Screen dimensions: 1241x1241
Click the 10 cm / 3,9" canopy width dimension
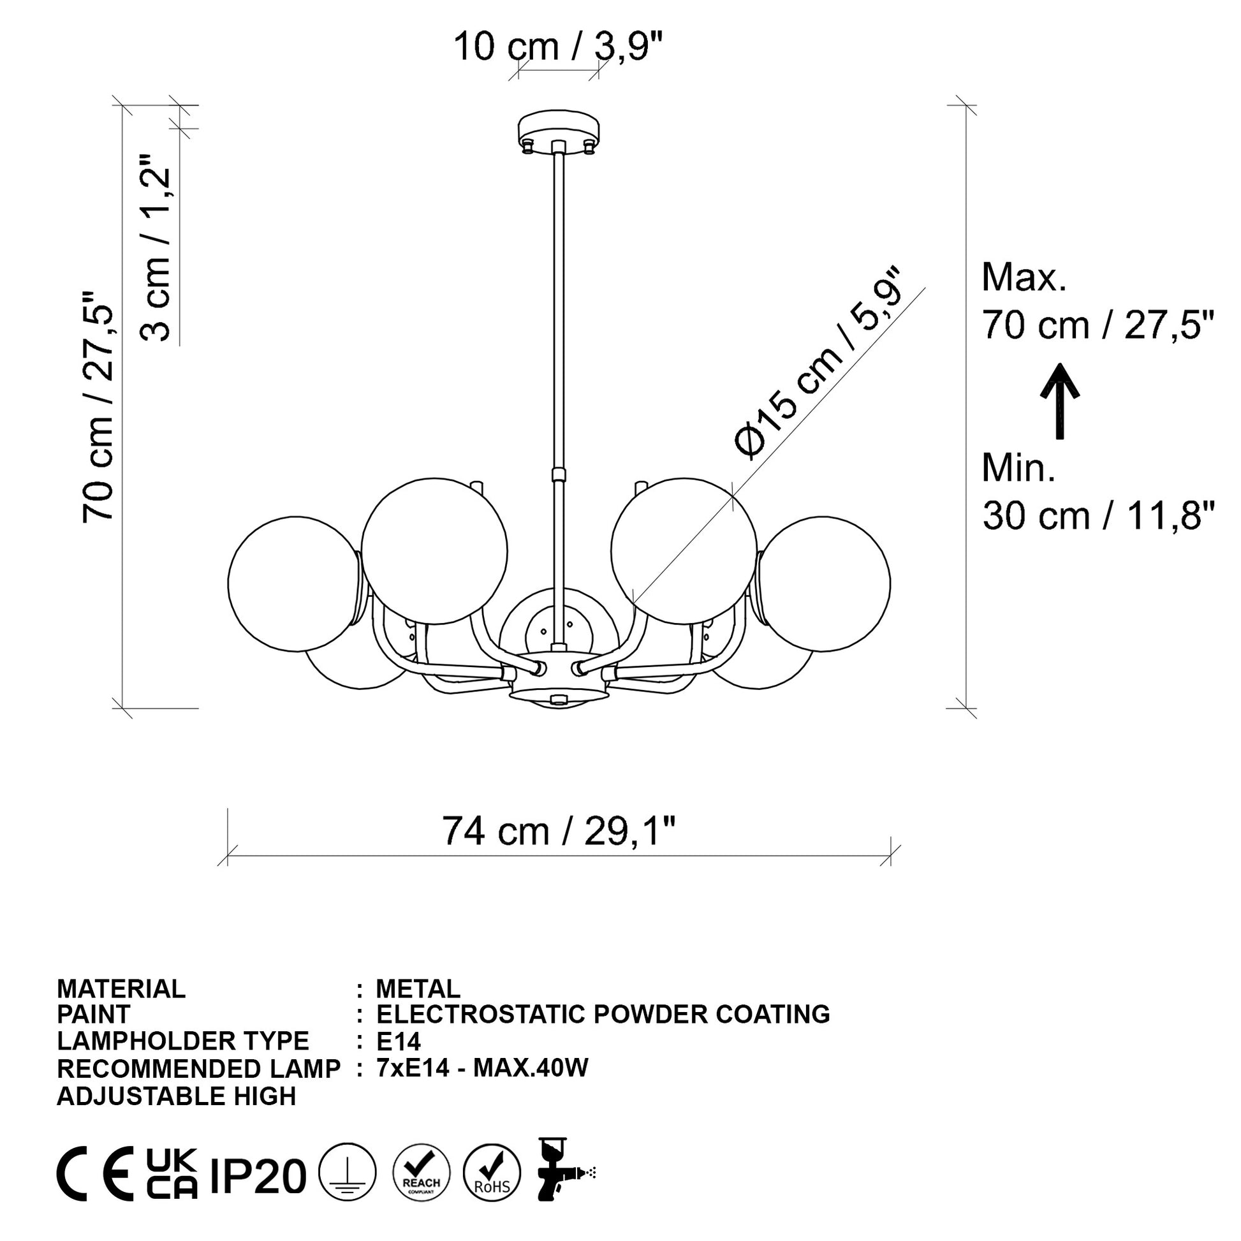tap(557, 47)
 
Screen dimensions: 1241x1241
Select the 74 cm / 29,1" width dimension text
tap(559, 831)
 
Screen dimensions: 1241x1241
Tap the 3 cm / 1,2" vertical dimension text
tap(155, 247)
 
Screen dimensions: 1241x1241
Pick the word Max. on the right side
tap(1024, 277)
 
